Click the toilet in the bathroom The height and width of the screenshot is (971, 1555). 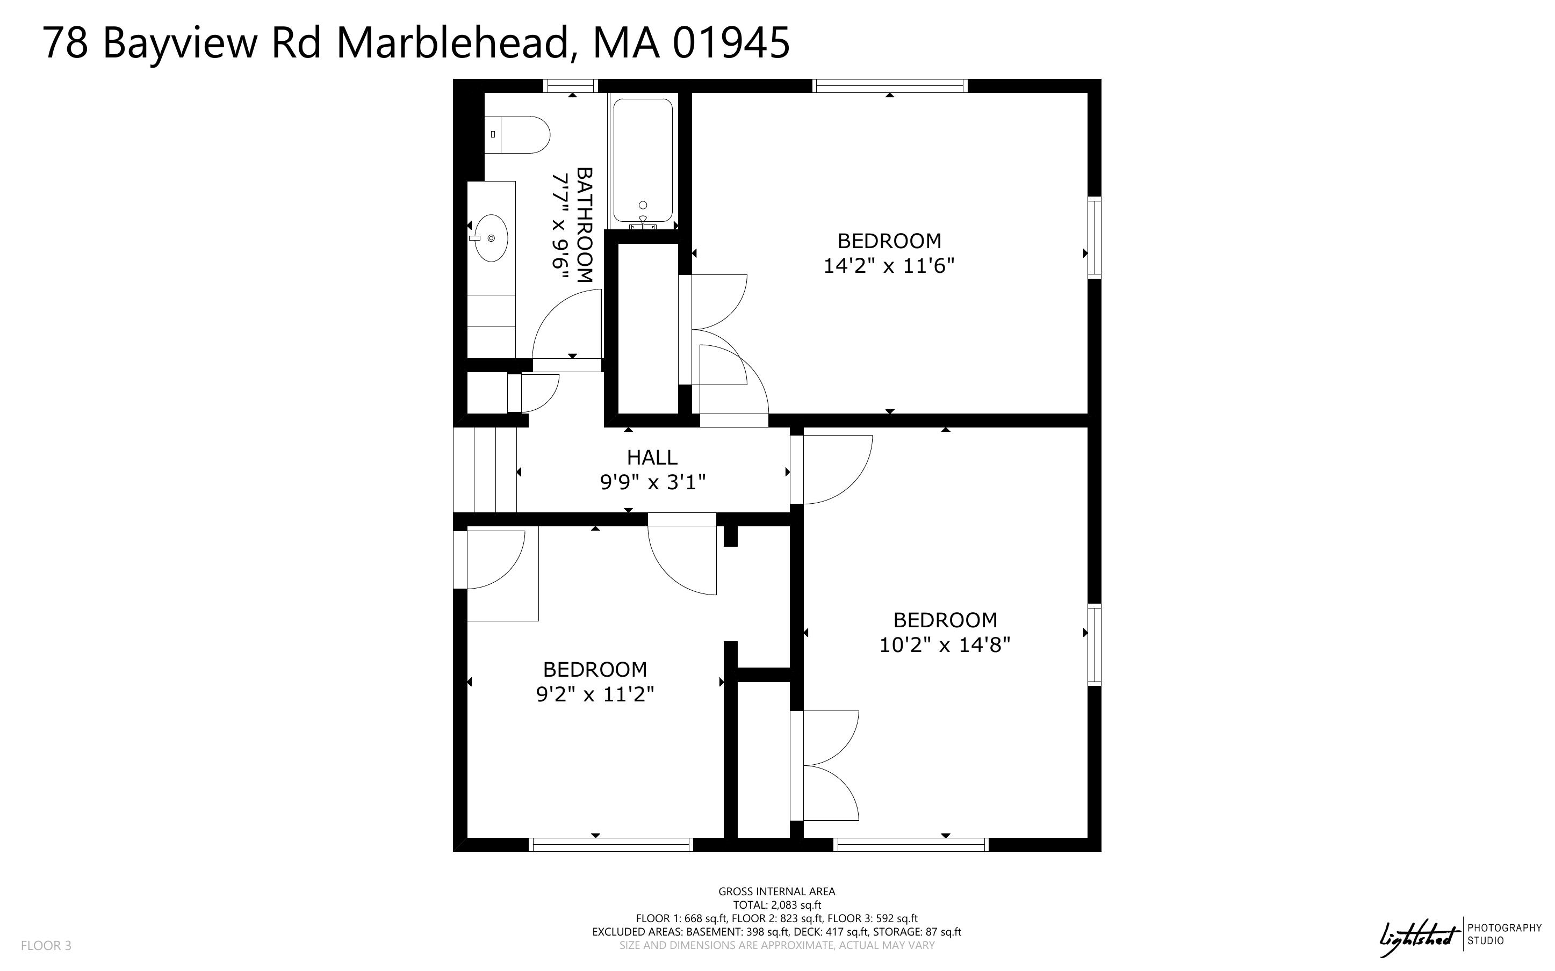(x=516, y=135)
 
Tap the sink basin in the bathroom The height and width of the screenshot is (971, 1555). (x=491, y=238)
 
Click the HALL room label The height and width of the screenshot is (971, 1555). (x=652, y=457)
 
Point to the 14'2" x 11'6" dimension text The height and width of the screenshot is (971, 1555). (x=889, y=265)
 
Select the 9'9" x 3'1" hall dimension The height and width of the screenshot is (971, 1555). (x=652, y=482)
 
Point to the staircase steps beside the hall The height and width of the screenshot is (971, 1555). (x=485, y=469)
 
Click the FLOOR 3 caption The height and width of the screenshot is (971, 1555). (x=46, y=945)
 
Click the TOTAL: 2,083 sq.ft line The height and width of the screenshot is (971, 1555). (x=776, y=905)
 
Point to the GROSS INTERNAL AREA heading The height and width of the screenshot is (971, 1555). (x=776, y=892)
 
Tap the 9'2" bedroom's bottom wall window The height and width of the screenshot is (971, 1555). (x=611, y=844)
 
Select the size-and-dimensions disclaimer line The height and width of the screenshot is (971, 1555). (x=776, y=945)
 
